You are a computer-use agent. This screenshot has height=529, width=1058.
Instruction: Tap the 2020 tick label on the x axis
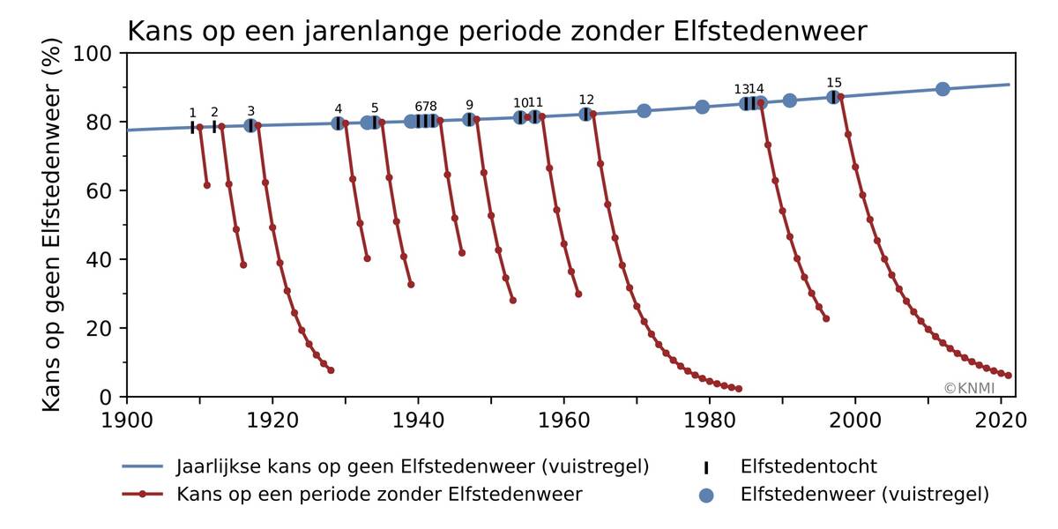pyautogui.click(x=1001, y=418)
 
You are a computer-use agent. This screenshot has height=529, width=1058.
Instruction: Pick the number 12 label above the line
pyautogui.click(x=586, y=100)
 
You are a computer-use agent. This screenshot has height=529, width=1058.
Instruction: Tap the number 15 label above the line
pyautogui.click(x=834, y=84)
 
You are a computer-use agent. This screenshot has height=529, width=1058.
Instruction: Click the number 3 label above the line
pyautogui.click(x=250, y=111)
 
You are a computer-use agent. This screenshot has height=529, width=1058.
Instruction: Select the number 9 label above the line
pyautogui.click(x=469, y=105)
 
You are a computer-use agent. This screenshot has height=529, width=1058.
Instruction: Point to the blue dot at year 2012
pyautogui.click(x=943, y=89)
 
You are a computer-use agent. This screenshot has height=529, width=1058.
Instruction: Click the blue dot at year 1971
pyautogui.click(x=644, y=111)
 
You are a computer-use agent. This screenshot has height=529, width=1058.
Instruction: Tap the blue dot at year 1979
pyautogui.click(x=703, y=108)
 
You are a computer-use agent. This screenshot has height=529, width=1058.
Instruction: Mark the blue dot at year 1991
pyautogui.click(x=790, y=101)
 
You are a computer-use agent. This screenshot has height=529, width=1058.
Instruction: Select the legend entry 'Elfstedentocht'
pyautogui.click(x=808, y=467)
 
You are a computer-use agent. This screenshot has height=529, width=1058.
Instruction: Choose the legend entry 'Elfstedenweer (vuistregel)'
pyautogui.click(x=865, y=495)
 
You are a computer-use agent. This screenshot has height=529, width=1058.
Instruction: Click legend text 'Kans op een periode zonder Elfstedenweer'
pyautogui.click(x=379, y=495)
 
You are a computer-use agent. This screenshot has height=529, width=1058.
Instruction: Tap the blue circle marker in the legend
pyautogui.click(x=705, y=495)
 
